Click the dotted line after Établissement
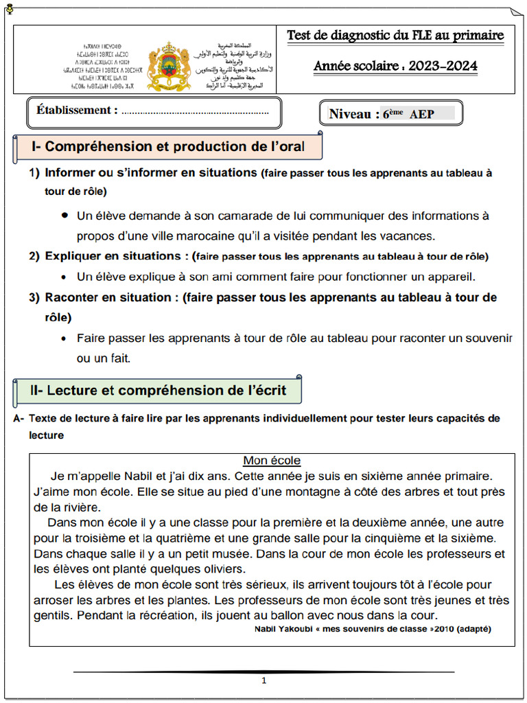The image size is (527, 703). pyautogui.click(x=196, y=112)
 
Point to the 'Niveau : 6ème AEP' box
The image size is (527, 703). pyautogui.click(x=391, y=114)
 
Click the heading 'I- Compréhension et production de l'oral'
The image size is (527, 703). pyautogui.click(x=168, y=146)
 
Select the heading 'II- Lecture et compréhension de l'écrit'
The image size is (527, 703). pyautogui.click(x=158, y=391)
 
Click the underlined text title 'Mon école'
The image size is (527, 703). pyautogui.click(x=272, y=461)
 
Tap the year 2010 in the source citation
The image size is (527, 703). pyautogui.click(x=441, y=628)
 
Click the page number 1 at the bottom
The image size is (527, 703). pyautogui.click(x=263, y=681)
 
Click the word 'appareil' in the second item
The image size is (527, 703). pyautogui.click(x=452, y=277)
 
